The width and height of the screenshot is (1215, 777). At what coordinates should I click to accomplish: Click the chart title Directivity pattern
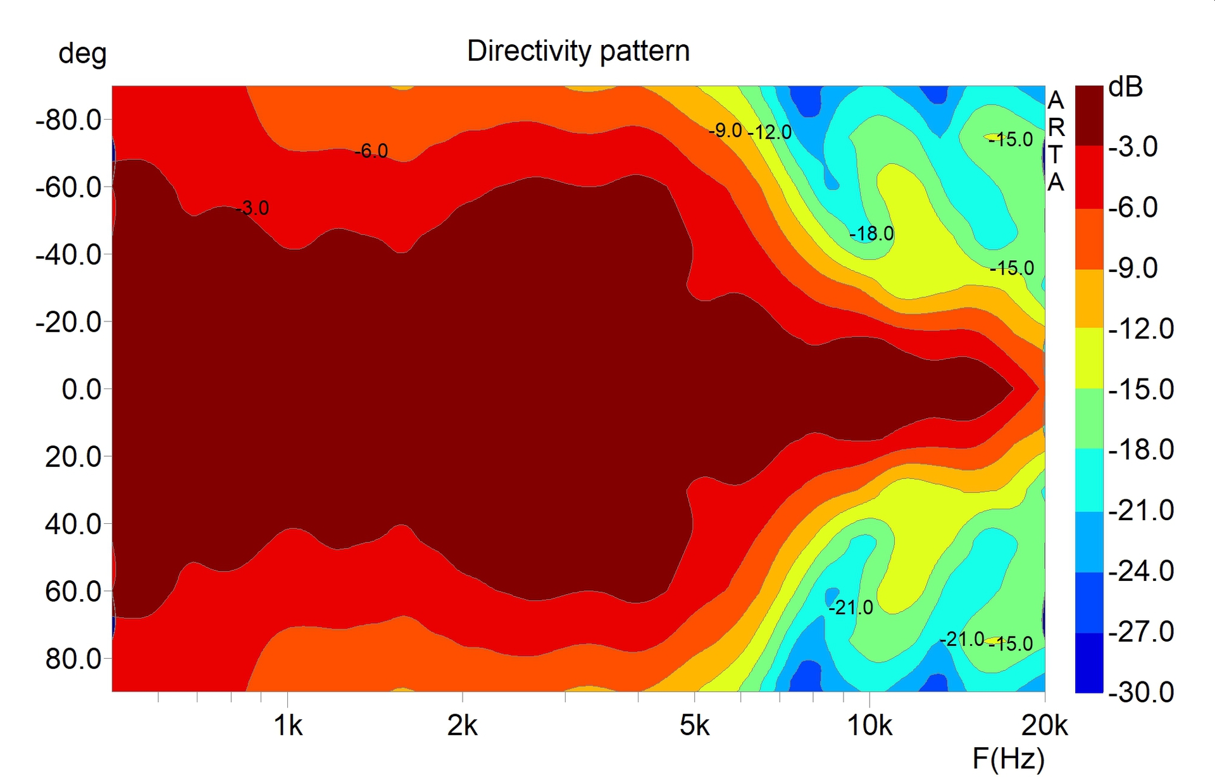point(578,51)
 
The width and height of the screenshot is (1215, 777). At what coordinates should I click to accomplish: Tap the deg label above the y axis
point(82,54)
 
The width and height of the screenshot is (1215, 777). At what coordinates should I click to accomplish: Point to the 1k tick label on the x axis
point(288,726)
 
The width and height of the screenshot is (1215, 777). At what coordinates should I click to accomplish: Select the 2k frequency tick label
point(462,726)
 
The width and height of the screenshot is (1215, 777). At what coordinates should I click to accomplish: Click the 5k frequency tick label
point(694,726)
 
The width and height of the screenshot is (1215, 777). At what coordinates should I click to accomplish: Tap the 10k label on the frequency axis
point(869,726)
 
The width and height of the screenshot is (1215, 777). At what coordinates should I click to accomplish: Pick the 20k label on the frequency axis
point(1044,726)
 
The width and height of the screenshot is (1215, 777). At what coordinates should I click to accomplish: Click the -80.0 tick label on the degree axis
point(68,120)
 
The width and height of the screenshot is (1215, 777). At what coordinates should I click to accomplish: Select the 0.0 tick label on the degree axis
point(81,389)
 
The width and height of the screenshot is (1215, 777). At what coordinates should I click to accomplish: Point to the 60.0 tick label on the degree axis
point(73,592)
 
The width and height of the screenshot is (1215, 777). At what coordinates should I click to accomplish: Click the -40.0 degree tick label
point(68,255)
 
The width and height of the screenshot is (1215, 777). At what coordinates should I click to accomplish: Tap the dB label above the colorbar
point(1126,87)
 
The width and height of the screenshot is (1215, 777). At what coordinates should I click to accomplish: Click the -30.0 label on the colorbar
point(1141,692)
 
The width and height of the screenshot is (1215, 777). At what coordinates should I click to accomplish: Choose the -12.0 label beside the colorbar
point(1141,329)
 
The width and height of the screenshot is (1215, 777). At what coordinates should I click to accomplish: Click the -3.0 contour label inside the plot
point(252,208)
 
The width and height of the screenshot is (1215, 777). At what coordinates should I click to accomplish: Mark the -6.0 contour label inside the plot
point(371,151)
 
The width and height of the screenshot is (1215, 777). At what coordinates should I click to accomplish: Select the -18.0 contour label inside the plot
point(871,234)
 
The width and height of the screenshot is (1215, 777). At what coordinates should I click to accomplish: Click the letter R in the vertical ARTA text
point(1056,128)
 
